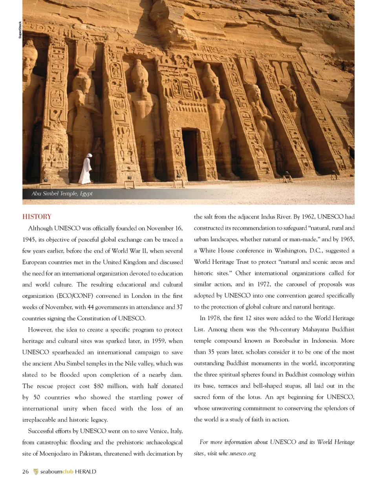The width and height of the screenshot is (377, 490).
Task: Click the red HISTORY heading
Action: coord(37,217)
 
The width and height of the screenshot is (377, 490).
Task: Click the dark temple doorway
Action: coord(190,155)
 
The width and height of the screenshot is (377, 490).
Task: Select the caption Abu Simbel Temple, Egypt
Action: coord(62,194)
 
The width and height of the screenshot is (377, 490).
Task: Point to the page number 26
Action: coord(26,472)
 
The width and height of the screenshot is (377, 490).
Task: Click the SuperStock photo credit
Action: coord(20,30)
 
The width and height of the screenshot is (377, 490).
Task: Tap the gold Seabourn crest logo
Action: coord(36,472)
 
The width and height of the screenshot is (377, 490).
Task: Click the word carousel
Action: coord(297,284)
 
